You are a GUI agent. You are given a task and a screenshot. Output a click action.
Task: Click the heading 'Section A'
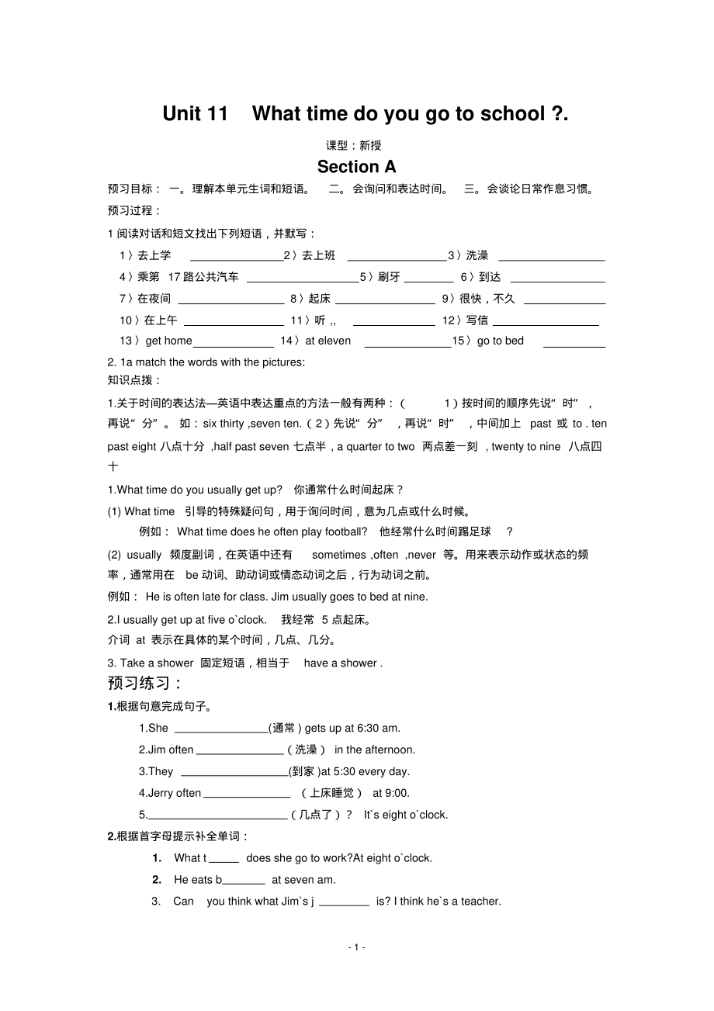coord(356,167)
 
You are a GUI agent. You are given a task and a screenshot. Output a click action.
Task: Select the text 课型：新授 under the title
coord(354,145)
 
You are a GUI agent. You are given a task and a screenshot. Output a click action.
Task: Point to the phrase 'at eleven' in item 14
coord(328,341)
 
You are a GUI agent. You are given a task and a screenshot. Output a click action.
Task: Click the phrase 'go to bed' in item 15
coord(501,341)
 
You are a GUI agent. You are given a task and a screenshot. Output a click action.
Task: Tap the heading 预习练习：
coord(145,684)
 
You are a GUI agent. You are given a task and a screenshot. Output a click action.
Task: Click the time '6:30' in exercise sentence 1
coord(369,729)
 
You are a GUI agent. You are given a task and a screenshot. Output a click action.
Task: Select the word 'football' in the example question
coord(346,531)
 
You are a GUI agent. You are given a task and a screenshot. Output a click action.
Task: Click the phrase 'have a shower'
coord(341,663)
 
